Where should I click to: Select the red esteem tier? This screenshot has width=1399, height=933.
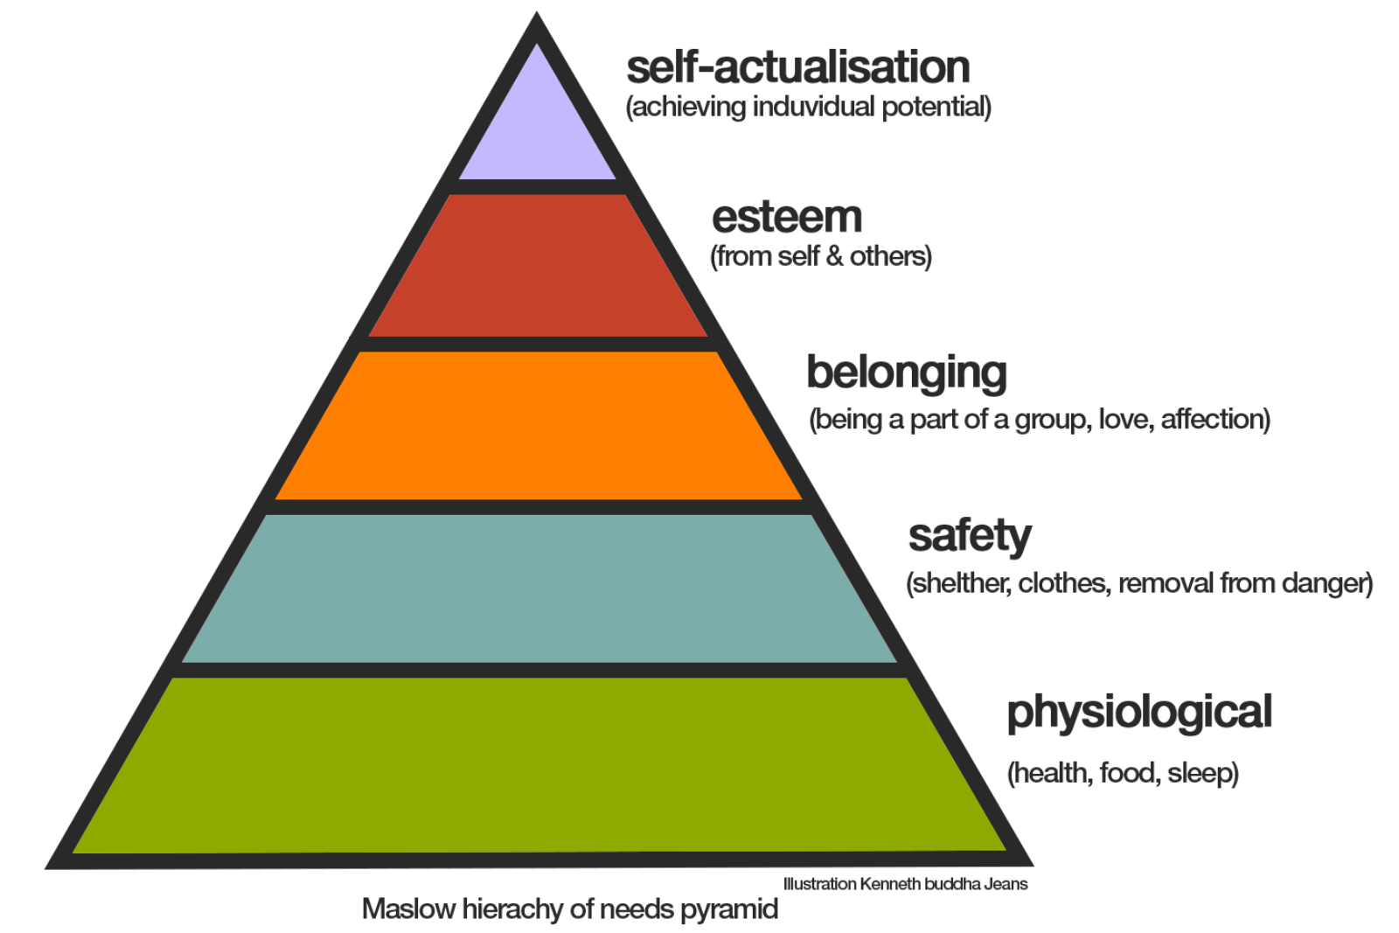537,266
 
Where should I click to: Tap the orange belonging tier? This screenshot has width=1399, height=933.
539,426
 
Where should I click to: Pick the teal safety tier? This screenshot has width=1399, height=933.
539,588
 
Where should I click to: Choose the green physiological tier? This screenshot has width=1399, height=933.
539,766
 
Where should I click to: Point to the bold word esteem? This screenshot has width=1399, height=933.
787,218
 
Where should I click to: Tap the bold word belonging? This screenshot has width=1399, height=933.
907,374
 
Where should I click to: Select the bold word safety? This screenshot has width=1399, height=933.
970,537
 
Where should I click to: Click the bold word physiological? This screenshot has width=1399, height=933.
1140,714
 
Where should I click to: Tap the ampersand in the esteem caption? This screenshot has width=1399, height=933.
834,257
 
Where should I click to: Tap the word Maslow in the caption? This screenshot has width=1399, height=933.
409,909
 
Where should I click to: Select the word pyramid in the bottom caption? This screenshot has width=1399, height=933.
729,910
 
